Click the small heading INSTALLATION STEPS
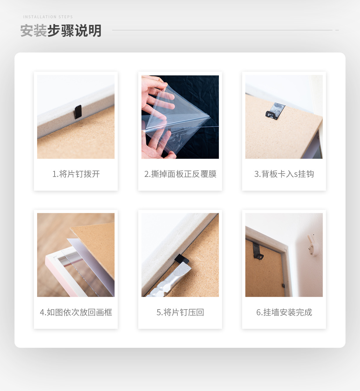(48, 17)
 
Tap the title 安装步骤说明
(61, 31)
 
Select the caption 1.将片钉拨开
(76, 174)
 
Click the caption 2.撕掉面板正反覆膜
(180, 174)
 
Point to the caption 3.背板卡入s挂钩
(284, 174)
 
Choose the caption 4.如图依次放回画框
(76, 312)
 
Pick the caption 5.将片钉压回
(180, 312)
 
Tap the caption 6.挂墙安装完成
(284, 312)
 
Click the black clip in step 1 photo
(78, 112)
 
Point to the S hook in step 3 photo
(275, 111)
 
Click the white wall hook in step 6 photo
(312, 245)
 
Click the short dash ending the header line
(337, 30)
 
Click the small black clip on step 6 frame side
(283, 286)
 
